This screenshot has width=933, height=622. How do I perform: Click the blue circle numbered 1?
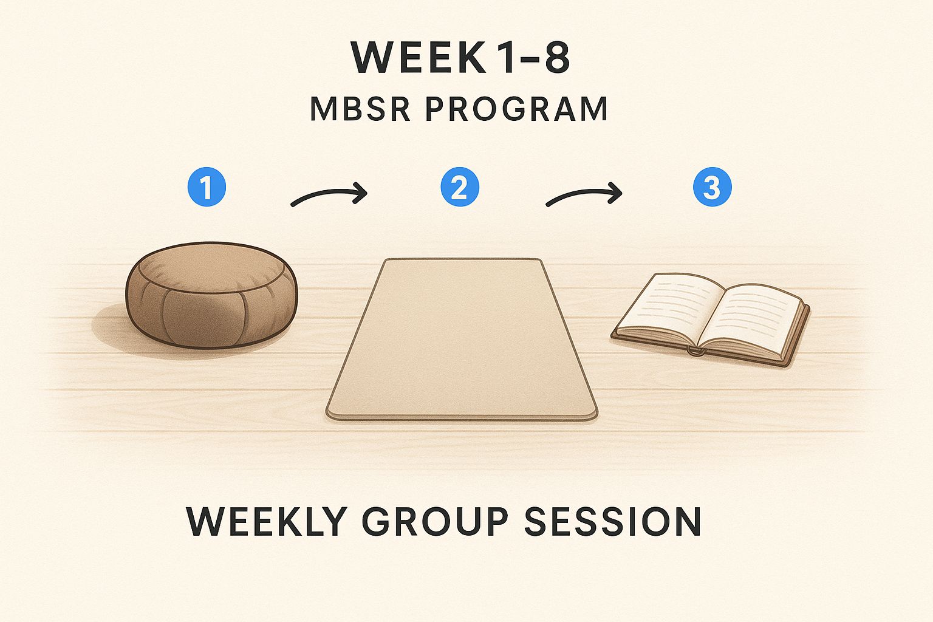207,187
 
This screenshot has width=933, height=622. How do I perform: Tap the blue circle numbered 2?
460,187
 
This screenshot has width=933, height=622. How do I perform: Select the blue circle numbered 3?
713,187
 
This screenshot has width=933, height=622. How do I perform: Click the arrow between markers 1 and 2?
329,193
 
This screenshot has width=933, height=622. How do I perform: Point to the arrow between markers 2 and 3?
584,193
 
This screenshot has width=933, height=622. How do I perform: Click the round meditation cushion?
211,295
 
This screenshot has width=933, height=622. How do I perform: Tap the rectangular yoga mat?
462,340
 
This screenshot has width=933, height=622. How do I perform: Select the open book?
711,320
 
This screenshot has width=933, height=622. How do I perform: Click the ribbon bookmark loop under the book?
696,351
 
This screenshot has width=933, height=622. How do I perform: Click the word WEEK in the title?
419,57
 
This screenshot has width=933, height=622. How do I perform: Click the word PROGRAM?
516,109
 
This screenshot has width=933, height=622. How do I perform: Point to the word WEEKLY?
267,521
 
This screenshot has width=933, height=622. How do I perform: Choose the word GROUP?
435,521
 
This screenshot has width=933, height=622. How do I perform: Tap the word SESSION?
612,521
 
